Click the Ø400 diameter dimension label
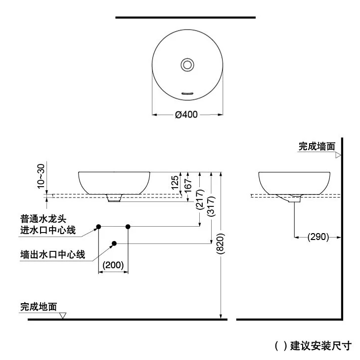186,115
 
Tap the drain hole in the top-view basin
187,64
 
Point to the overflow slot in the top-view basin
187,92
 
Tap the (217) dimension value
200,200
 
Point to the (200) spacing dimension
113,265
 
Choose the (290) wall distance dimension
318,237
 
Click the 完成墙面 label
316,147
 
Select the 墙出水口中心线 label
52,255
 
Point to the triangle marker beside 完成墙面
338,155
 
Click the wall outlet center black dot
114,243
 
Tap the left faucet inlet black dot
98,226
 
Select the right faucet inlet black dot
128,226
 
